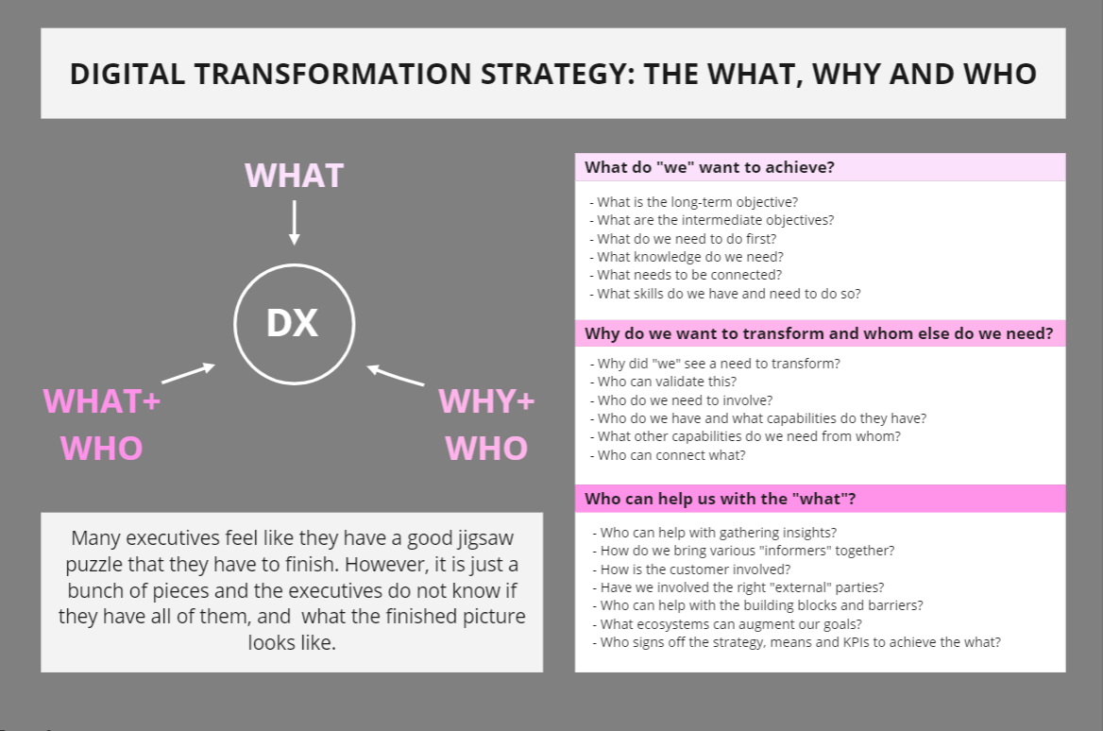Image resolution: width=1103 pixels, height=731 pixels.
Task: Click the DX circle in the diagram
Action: (x=294, y=264)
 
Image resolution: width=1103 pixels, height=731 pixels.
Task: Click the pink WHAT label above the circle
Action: (x=294, y=176)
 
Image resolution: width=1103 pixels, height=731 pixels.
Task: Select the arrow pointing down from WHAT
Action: (x=294, y=222)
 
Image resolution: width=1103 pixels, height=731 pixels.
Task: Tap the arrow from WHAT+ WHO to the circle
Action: (x=189, y=373)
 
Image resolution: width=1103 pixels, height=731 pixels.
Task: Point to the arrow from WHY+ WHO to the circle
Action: (x=396, y=375)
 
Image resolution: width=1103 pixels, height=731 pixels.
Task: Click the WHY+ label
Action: (x=486, y=401)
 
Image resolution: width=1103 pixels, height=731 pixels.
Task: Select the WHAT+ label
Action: (x=102, y=401)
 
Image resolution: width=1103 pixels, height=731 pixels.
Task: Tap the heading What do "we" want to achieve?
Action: (x=710, y=167)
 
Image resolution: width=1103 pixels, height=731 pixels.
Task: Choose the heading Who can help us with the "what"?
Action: (x=721, y=499)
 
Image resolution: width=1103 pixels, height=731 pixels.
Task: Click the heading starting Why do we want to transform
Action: (x=819, y=333)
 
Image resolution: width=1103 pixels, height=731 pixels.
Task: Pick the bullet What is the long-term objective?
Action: (x=694, y=202)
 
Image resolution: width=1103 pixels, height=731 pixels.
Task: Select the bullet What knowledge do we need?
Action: (x=687, y=257)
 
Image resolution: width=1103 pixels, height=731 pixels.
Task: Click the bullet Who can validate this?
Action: (x=663, y=382)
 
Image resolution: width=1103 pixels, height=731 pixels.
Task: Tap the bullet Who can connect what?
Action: (x=668, y=455)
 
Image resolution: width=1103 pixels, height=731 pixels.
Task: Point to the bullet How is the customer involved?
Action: (x=691, y=569)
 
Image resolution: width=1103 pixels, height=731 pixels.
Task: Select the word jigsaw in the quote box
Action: (x=486, y=539)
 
